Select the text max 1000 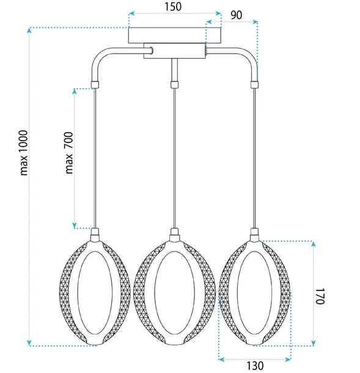[24, 153]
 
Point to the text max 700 [69, 152]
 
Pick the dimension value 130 [255, 366]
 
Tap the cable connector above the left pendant [95, 234]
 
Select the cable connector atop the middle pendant [174, 234]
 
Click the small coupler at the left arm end [95, 83]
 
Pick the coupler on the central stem [174, 83]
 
